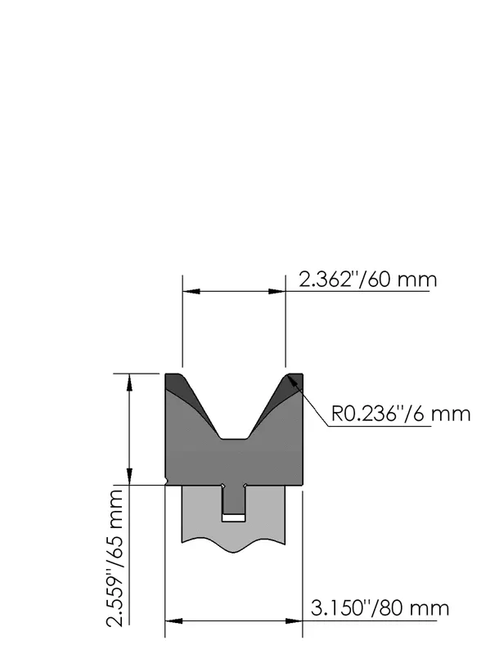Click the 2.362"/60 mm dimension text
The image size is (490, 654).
pyautogui.click(x=368, y=279)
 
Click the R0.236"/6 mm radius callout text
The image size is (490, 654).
pyautogui.click(x=401, y=414)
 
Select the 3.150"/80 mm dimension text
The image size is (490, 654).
pyautogui.click(x=380, y=608)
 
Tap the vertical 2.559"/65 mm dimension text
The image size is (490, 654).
pyautogui.click(x=115, y=558)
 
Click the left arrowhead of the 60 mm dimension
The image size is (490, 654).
pyautogui.click(x=191, y=291)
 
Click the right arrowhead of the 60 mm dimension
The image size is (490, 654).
pyautogui.click(x=277, y=291)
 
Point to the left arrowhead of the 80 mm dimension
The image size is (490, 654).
pyautogui.click(x=173, y=621)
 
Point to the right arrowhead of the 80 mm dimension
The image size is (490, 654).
pyautogui.click(x=294, y=621)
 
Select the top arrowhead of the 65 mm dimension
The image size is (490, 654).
pyautogui.click(x=129, y=382)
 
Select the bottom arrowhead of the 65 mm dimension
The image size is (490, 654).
pyautogui.click(x=129, y=477)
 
